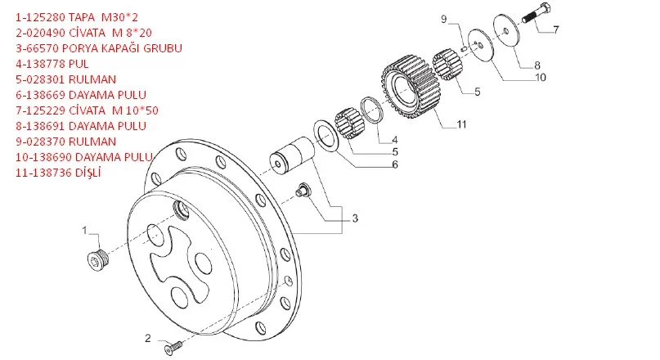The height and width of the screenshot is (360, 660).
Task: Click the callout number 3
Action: (354, 218)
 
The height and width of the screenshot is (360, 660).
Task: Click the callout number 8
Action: (537, 64)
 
